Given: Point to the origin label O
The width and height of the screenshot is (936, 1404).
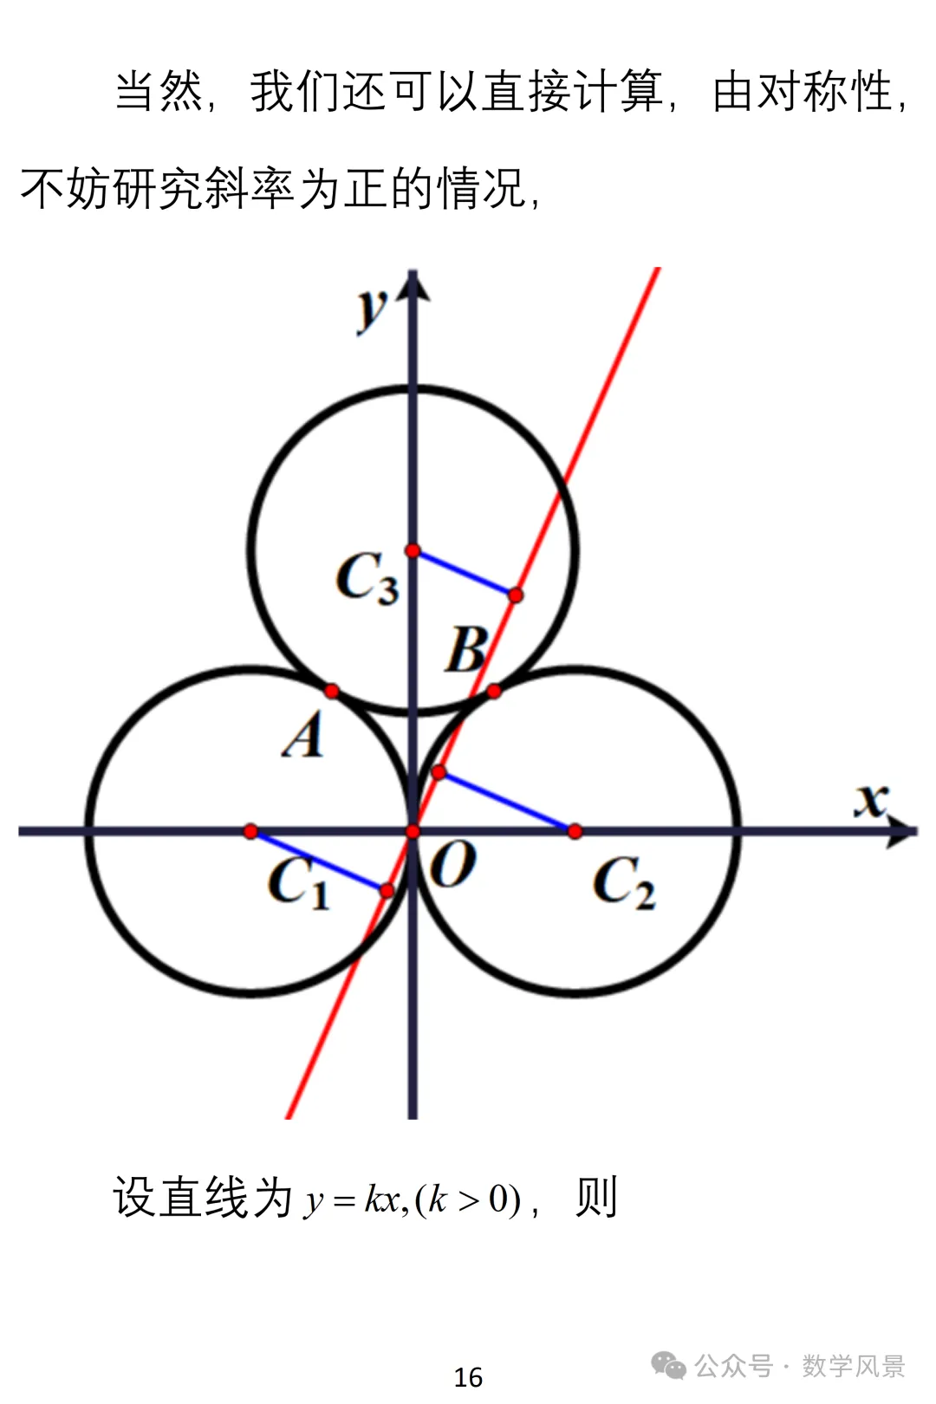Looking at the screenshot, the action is [x=453, y=864].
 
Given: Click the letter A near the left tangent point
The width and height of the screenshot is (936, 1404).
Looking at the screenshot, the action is [x=303, y=735].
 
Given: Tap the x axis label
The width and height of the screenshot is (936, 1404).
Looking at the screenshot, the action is [x=872, y=801].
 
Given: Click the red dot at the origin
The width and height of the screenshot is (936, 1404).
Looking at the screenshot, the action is [x=413, y=832].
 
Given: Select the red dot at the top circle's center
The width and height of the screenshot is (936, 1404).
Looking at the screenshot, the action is [x=413, y=551].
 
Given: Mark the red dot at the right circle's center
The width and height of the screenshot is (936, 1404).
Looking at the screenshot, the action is [x=575, y=832].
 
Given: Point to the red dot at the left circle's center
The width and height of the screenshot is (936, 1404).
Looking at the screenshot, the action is [x=250, y=832].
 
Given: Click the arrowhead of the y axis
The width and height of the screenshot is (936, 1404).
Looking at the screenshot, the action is [x=413, y=285].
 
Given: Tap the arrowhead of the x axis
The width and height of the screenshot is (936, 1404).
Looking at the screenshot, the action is [x=903, y=832].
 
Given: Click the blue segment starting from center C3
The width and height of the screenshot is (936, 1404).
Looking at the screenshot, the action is [x=464, y=573].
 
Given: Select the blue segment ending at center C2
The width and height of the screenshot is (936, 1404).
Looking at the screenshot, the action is [x=506, y=803].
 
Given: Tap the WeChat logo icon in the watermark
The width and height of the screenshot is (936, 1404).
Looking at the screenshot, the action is [x=669, y=1366].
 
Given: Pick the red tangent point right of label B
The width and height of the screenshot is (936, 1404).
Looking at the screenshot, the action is [x=494, y=692].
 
